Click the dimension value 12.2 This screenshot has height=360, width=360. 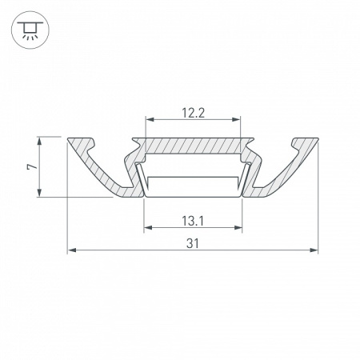pyautogui.click(x=192, y=113)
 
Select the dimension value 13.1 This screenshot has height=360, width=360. pyautogui.click(x=192, y=219)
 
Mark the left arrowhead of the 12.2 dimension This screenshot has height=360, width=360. pyautogui.click(x=148, y=121)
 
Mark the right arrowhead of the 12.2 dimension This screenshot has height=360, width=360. pyautogui.click(x=237, y=121)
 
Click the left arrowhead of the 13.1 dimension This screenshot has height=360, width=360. pyautogui.click(x=146, y=227)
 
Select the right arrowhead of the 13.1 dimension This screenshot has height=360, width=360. pyautogui.click(x=238, y=227)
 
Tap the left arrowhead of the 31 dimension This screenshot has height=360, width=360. pyautogui.click(x=70, y=251)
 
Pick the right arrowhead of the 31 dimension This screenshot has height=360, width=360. pyautogui.click(x=314, y=251)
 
